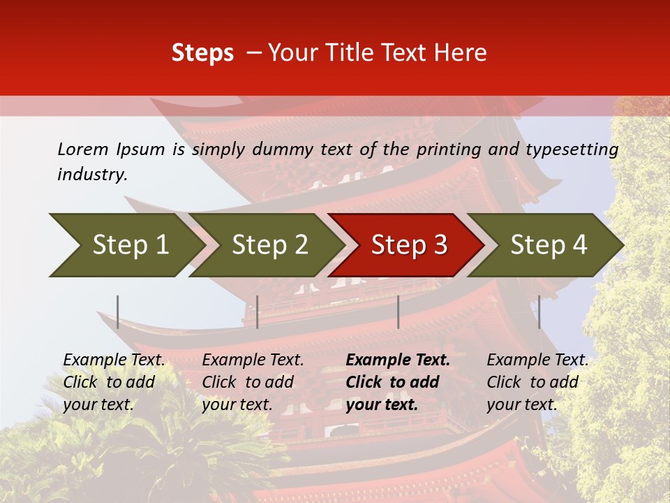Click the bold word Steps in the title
pos(202,53)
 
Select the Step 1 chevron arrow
pos(126,245)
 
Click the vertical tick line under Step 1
pos(118,312)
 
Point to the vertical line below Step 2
pos(258,312)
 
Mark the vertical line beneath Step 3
pos(398,312)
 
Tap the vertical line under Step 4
pos(539,312)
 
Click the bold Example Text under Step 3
pos(398,381)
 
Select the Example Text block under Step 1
pos(114,381)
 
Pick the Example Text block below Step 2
pos(253,381)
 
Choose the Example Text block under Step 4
pos(537,381)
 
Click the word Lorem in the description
pos(83,149)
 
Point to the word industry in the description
pos(92,174)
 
